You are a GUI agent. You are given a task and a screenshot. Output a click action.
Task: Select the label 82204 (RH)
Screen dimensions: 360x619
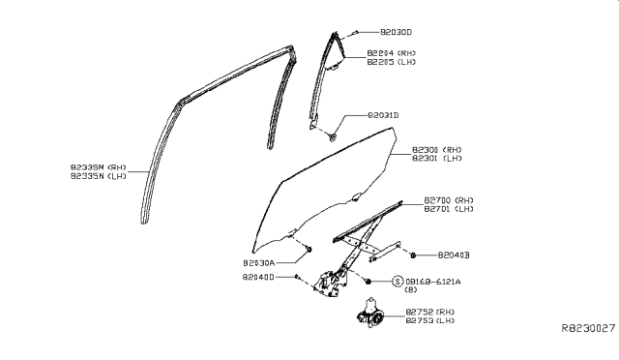392,51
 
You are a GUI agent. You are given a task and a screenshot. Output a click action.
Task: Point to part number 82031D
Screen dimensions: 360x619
383,115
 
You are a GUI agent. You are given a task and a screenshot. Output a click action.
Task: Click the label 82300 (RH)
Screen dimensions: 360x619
438,150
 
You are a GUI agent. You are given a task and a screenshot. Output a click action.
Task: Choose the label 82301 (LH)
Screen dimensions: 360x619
438,159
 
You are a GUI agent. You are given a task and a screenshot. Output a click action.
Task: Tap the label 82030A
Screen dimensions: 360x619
259,262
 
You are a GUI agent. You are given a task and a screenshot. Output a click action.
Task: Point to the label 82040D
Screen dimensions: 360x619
259,277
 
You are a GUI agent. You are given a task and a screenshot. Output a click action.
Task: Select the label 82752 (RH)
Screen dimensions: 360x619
431,312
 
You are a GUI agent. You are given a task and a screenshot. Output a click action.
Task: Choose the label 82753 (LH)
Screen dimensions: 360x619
431,320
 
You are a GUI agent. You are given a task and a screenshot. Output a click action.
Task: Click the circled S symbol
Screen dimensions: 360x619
397,281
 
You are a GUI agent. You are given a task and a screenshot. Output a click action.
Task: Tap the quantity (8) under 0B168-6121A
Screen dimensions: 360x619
410,289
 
